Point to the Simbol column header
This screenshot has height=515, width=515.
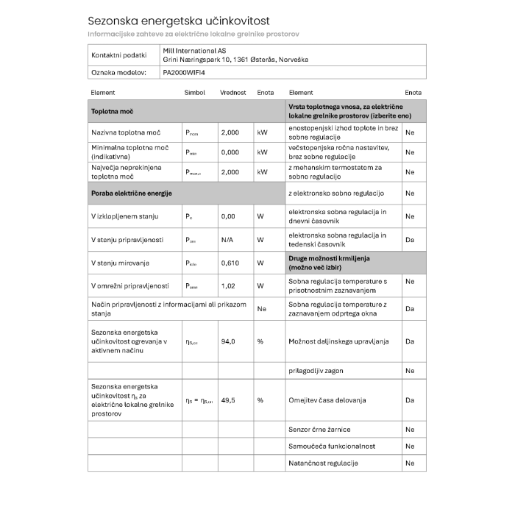coord(194,93)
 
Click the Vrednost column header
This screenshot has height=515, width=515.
coord(232,93)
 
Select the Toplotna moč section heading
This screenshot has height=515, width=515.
coord(112,111)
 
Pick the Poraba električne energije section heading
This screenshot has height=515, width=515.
coord(131,193)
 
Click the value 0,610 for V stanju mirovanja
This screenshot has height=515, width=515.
coord(230,263)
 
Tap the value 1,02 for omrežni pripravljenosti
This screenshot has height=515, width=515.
coord(227,285)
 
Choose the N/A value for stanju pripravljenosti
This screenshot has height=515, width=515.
coord(227,240)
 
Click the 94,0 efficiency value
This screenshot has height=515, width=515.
coord(228,341)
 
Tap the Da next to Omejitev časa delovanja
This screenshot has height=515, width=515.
coord(410,399)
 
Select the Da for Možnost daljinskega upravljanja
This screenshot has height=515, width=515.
coord(410,341)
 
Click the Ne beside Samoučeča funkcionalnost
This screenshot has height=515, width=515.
coord(410,446)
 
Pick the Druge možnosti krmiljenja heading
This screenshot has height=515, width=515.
coord(329,263)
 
